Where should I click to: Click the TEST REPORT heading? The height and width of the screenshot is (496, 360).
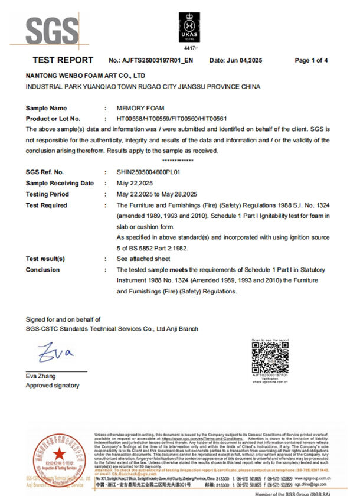pyautogui.click(x=63, y=60)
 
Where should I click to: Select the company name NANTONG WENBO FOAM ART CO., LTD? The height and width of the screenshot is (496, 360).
pyautogui.click(x=86, y=77)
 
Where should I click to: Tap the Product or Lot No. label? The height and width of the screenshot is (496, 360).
pyautogui.click(x=53, y=119)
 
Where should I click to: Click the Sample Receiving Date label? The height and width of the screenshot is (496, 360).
pyautogui.click(x=60, y=183)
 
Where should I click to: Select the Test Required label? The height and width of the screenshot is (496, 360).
pyautogui.click(x=47, y=205)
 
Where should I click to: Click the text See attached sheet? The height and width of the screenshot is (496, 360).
pyautogui.click(x=143, y=259)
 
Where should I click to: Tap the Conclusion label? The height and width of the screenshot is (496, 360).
pyautogui.click(x=42, y=270)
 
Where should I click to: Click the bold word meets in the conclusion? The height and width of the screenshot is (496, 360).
pyautogui.click(x=181, y=270)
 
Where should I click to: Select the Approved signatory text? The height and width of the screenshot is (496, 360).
pyautogui.click(x=52, y=386)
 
